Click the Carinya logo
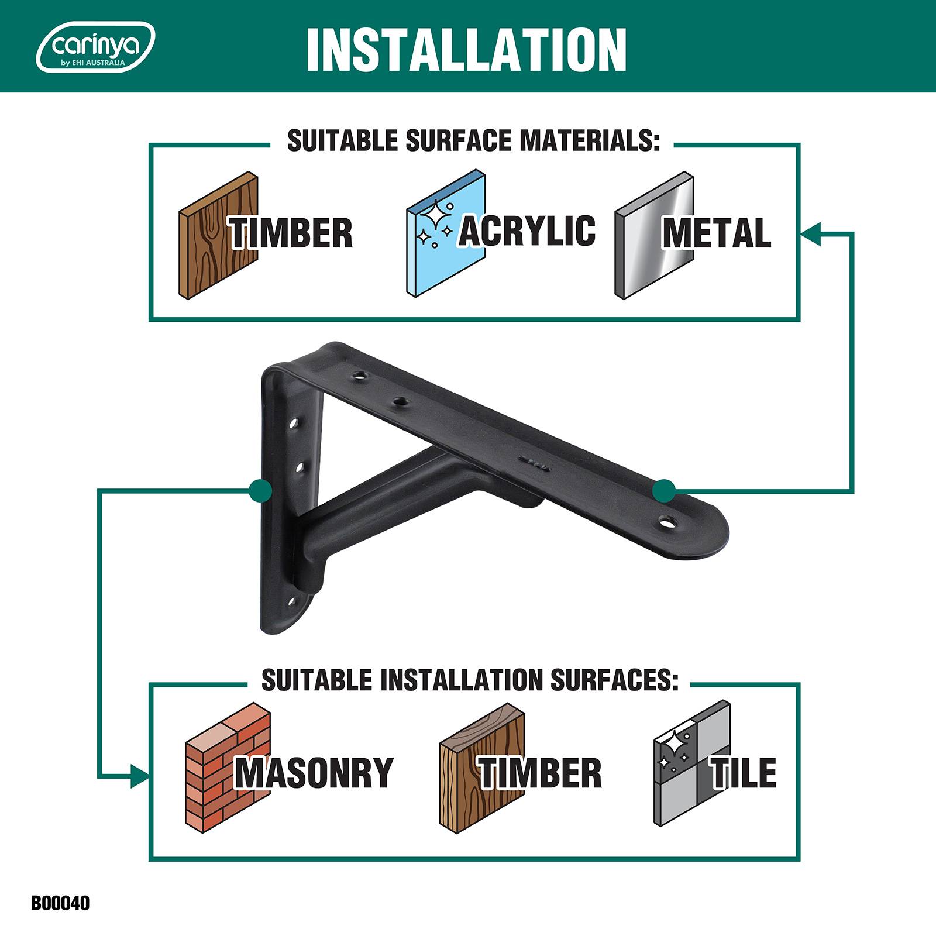click(96, 47)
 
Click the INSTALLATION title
click(466, 49)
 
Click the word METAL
click(717, 233)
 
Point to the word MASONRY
click(314, 773)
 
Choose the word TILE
click(743, 772)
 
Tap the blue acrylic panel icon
click(446, 234)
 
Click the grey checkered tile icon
click(692, 763)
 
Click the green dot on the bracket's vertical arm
click(260, 490)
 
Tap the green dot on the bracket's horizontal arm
click(664, 490)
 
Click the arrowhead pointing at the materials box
click(810, 233)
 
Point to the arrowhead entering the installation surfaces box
click(140, 777)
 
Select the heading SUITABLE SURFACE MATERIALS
click(473, 142)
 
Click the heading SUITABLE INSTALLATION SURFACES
click(470, 680)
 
